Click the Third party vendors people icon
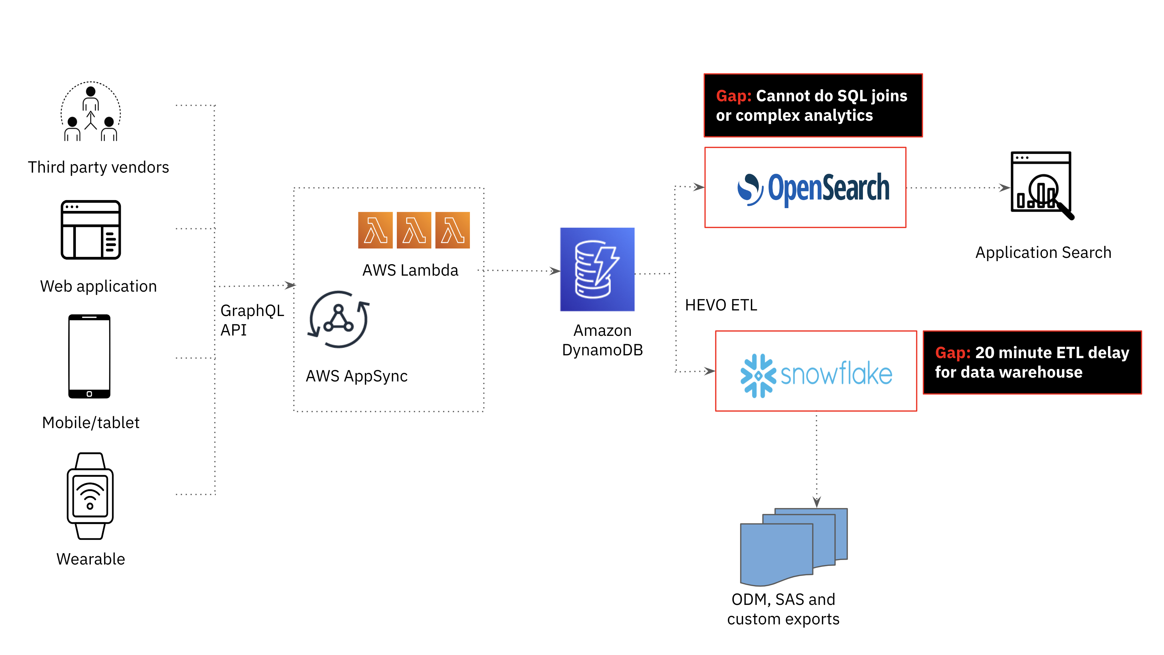(x=91, y=112)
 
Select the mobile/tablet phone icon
(x=89, y=356)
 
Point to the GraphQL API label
(x=252, y=320)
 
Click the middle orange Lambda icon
(x=414, y=230)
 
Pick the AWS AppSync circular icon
(x=338, y=319)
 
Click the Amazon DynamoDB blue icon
(x=597, y=269)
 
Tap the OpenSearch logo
(x=813, y=188)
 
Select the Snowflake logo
(x=816, y=375)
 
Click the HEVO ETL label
(x=721, y=305)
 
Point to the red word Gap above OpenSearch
(x=733, y=96)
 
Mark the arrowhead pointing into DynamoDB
(x=555, y=271)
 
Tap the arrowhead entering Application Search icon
(x=1005, y=188)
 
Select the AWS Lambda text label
(x=410, y=270)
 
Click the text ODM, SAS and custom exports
(x=783, y=609)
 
